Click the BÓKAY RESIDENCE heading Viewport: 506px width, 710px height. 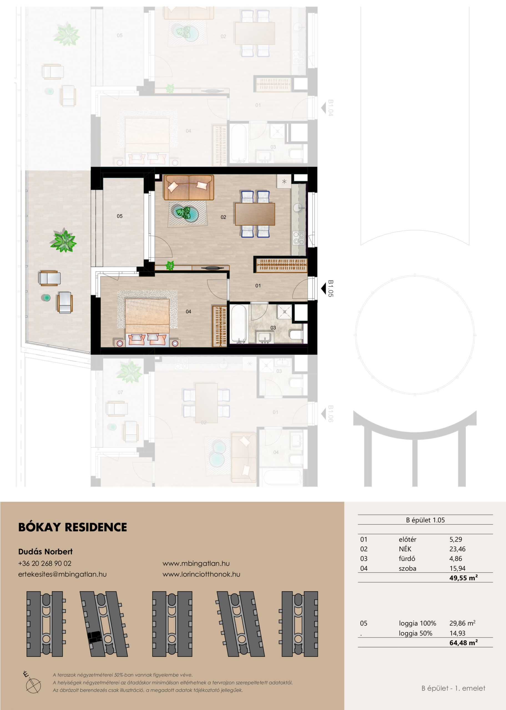pos(73,527)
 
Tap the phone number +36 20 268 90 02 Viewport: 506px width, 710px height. pos(45,563)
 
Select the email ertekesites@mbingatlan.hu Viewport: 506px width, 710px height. pos(62,574)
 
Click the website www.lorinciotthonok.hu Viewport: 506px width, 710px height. pos(201,574)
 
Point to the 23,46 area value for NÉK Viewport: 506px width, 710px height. pos(457,549)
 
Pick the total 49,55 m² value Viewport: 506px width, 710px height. pos(463,578)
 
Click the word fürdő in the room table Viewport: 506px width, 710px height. pos(407,559)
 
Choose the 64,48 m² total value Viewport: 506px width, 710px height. pos(463,643)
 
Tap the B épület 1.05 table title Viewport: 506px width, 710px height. pos(425,520)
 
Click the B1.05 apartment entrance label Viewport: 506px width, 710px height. pos(331,288)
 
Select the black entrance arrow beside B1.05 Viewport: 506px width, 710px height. pos(323,289)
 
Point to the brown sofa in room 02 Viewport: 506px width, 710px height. pos(189,187)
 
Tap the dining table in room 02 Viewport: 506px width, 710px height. pos(255,214)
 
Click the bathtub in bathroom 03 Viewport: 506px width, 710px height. pos(239,324)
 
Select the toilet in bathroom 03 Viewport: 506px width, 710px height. pos(296,335)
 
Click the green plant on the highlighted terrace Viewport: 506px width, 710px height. pos(64,240)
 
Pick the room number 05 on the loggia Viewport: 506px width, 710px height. pos(120,216)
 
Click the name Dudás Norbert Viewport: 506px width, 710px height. pos(45,551)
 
